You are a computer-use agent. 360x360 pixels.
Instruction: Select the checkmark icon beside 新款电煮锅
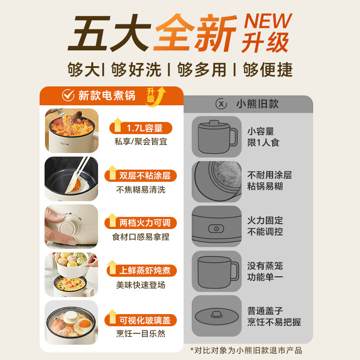tap(67, 95)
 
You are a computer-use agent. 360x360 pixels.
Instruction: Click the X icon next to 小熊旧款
tap(221, 104)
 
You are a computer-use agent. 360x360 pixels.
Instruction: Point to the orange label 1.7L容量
tap(144, 128)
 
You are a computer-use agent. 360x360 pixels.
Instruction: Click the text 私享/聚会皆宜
tap(141, 142)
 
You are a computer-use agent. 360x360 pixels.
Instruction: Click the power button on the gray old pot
tap(216, 229)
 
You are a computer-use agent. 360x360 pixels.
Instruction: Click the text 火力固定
tap(265, 220)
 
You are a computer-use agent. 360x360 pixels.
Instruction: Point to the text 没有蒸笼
tap(265, 265)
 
